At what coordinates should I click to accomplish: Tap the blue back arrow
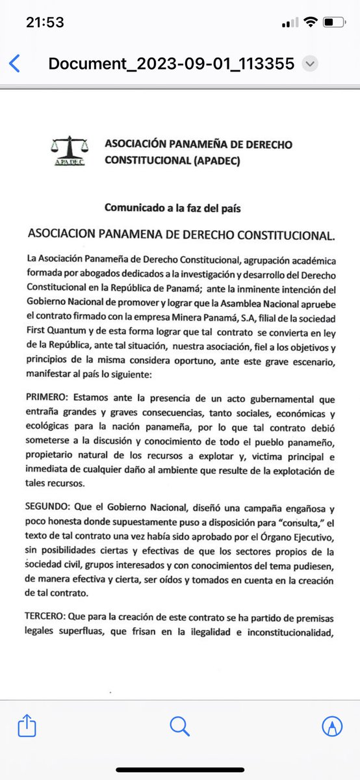click(15, 64)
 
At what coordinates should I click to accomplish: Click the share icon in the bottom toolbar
click(27, 725)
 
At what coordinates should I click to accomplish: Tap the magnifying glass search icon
click(179, 725)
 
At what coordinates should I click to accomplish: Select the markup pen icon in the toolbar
click(332, 725)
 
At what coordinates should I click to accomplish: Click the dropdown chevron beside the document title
click(311, 64)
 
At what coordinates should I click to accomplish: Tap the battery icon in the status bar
click(333, 22)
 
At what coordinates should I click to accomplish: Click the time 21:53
click(45, 22)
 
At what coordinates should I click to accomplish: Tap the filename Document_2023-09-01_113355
click(172, 64)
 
